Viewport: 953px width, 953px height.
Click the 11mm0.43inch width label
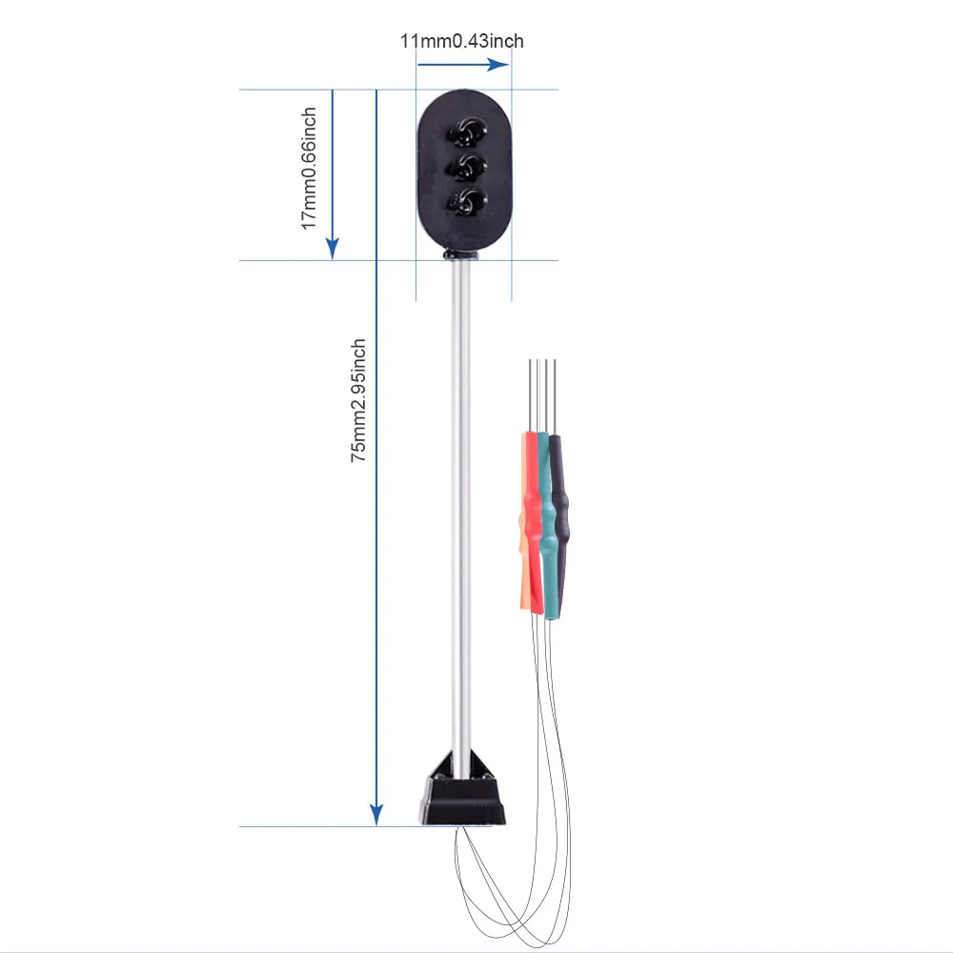[462, 41]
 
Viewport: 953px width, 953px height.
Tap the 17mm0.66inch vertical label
[309, 168]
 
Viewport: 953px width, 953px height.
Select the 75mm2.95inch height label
[359, 401]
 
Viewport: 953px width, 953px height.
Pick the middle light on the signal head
[467, 165]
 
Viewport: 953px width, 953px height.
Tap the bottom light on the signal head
[467, 200]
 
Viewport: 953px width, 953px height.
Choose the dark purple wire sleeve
[562, 515]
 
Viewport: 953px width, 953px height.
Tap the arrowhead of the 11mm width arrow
[498, 65]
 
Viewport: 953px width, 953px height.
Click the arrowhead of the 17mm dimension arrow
[333, 249]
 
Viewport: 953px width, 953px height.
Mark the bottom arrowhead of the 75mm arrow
[376, 815]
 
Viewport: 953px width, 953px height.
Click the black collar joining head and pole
[461, 255]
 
